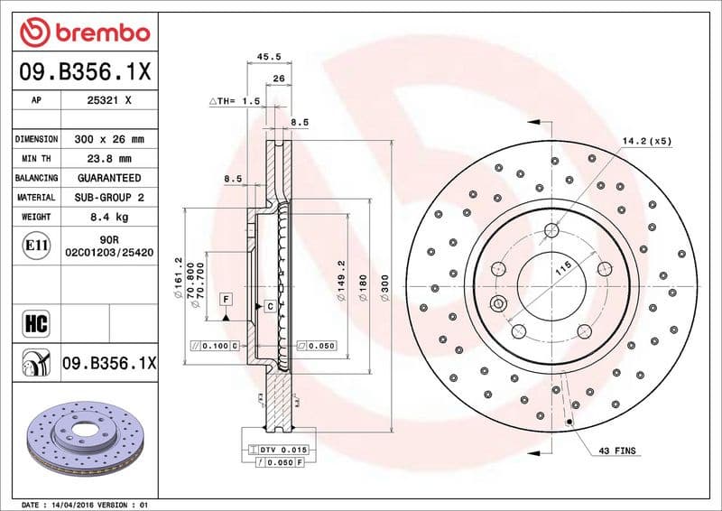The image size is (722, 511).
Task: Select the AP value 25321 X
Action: click(x=108, y=101)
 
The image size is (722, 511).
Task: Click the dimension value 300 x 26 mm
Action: click(x=108, y=139)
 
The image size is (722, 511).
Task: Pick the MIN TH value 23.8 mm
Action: click(x=108, y=159)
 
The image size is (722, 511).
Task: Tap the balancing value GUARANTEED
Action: click(x=108, y=178)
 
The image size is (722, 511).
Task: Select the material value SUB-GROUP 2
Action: click(x=108, y=197)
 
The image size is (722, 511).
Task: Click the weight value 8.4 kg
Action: click(x=108, y=217)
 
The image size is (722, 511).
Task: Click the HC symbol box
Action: click(x=34, y=323)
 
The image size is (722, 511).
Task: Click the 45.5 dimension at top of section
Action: click(x=269, y=56)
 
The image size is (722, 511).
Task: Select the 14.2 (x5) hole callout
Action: click(x=647, y=142)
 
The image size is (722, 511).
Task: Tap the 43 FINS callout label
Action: click(x=616, y=450)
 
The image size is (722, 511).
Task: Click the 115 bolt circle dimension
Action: click(x=563, y=269)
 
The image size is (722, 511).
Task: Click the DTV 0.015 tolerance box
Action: click(x=282, y=449)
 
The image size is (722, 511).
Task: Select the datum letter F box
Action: click(x=225, y=298)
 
